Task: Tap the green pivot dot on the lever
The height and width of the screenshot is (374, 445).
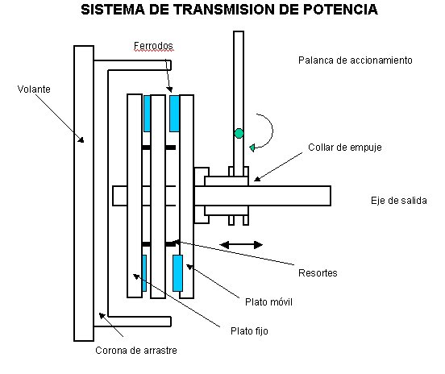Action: tap(238, 133)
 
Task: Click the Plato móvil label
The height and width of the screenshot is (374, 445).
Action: tap(268, 302)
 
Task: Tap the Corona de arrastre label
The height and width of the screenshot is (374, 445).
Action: tap(135, 351)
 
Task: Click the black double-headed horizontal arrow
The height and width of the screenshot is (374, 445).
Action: tap(242, 243)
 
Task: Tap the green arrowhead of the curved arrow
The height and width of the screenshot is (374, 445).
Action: tap(254, 147)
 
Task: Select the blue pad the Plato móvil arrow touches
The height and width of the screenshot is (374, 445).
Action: tap(177, 273)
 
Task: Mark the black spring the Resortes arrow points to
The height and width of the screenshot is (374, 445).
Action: tap(171, 243)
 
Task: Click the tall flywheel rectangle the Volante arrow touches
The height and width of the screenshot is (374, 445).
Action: tap(81, 193)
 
